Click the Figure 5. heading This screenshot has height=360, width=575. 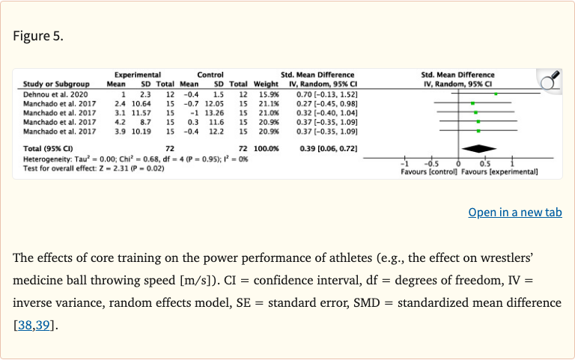tap(38, 35)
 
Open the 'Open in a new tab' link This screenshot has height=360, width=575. tap(514, 212)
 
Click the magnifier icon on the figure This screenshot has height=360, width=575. tap(550, 79)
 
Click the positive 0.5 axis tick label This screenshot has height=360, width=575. tap(484, 164)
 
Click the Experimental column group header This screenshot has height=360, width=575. tap(138, 75)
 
